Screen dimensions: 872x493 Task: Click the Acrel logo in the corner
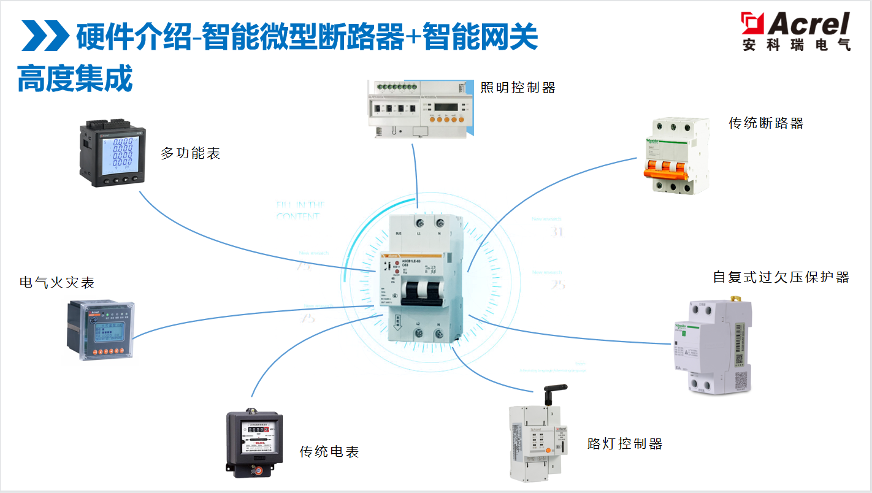[795, 31]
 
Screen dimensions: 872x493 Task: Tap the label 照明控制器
[518, 88]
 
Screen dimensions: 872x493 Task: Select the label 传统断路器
[766, 123]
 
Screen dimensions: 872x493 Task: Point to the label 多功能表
[190, 153]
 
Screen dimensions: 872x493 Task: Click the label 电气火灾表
[57, 283]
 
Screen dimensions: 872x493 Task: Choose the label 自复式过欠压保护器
[781, 277]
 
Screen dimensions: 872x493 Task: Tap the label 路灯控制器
[625, 443]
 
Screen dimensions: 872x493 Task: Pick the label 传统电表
[329, 452]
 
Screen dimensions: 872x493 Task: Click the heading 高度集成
[75, 79]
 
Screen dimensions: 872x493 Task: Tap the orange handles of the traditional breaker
[670, 168]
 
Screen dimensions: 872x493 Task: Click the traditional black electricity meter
[254, 443]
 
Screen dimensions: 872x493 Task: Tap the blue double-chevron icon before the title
[45, 36]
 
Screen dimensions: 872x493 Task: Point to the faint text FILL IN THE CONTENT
[300, 210]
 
